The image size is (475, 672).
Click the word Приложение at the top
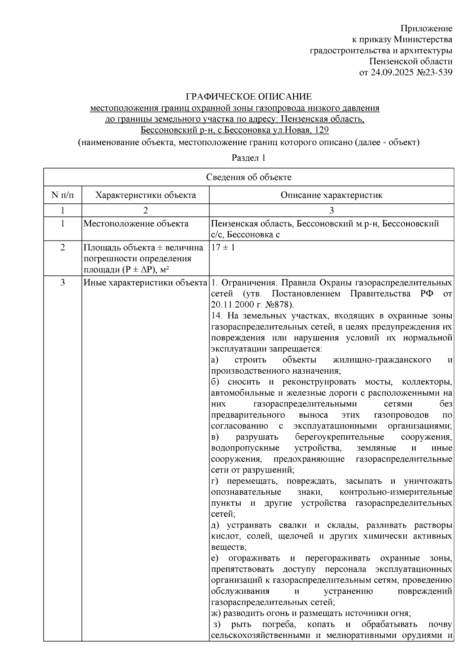coord(426,28)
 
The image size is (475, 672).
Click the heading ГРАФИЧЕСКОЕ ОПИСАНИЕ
coord(249,97)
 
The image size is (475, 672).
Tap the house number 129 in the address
coord(322,130)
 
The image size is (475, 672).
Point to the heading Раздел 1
coord(248,158)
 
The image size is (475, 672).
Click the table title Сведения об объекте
coord(249,177)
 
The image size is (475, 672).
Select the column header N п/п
coord(63,195)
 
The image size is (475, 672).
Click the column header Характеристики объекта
coord(146,195)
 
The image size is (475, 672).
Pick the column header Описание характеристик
coord(331,195)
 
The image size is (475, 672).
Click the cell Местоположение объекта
coord(136,224)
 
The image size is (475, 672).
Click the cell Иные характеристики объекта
coord(145,283)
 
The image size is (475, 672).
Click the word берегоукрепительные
coord(340,437)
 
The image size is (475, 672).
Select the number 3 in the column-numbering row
coord(331,210)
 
